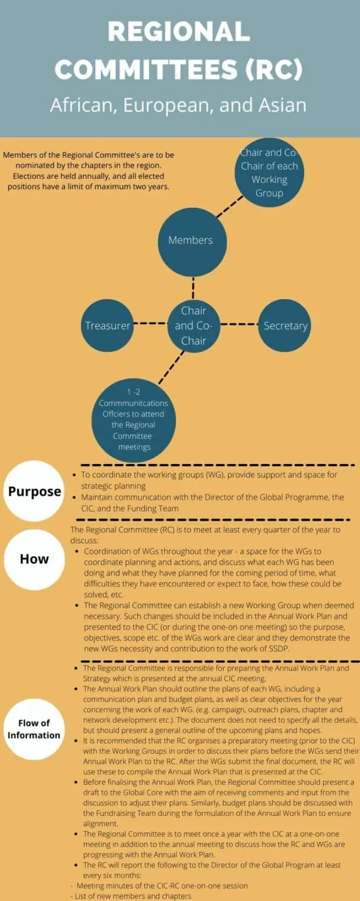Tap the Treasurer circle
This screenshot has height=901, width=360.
tap(107, 326)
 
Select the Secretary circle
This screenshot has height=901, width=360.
tap(285, 326)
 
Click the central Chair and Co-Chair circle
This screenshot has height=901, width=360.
tap(193, 326)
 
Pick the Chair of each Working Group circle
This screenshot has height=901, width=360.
tap(269, 173)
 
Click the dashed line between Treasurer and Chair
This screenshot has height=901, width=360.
tap(150, 323)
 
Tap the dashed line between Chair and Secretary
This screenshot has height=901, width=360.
tap(239, 324)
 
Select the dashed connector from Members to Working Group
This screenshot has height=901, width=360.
tap(229, 206)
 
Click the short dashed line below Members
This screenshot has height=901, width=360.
tap(193, 287)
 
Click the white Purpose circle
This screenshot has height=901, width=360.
tap(34, 492)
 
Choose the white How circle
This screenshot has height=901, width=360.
tap(34, 558)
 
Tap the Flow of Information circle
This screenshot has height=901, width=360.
tap(34, 729)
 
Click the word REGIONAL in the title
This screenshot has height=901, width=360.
tap(179, 31)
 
